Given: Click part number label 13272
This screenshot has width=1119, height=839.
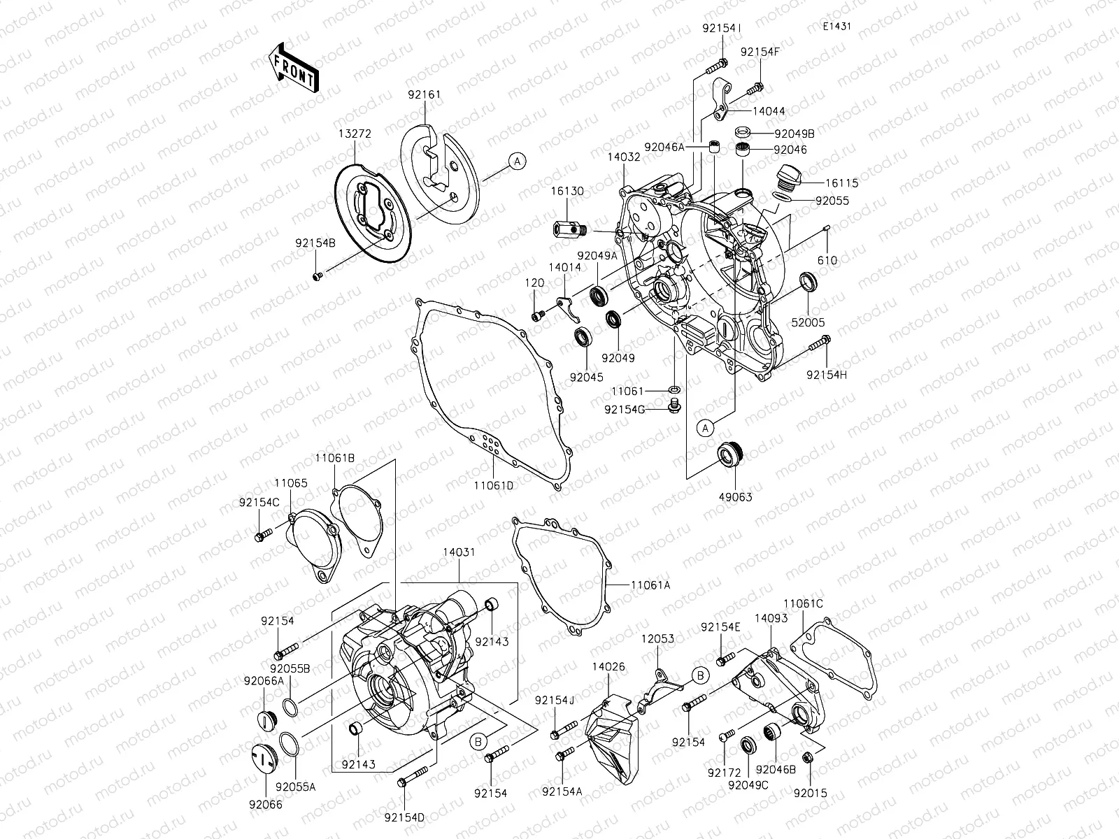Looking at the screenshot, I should click(355, 134).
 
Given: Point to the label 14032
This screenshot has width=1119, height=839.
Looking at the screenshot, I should click(624, 157).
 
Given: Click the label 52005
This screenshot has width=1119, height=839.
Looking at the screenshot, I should click(809, 323).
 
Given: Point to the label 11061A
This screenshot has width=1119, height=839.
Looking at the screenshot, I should click(650, 585).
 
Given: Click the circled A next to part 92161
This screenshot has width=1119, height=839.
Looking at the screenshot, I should click(516, 162).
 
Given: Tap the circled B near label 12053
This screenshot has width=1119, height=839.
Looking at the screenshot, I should click(701, 674).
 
